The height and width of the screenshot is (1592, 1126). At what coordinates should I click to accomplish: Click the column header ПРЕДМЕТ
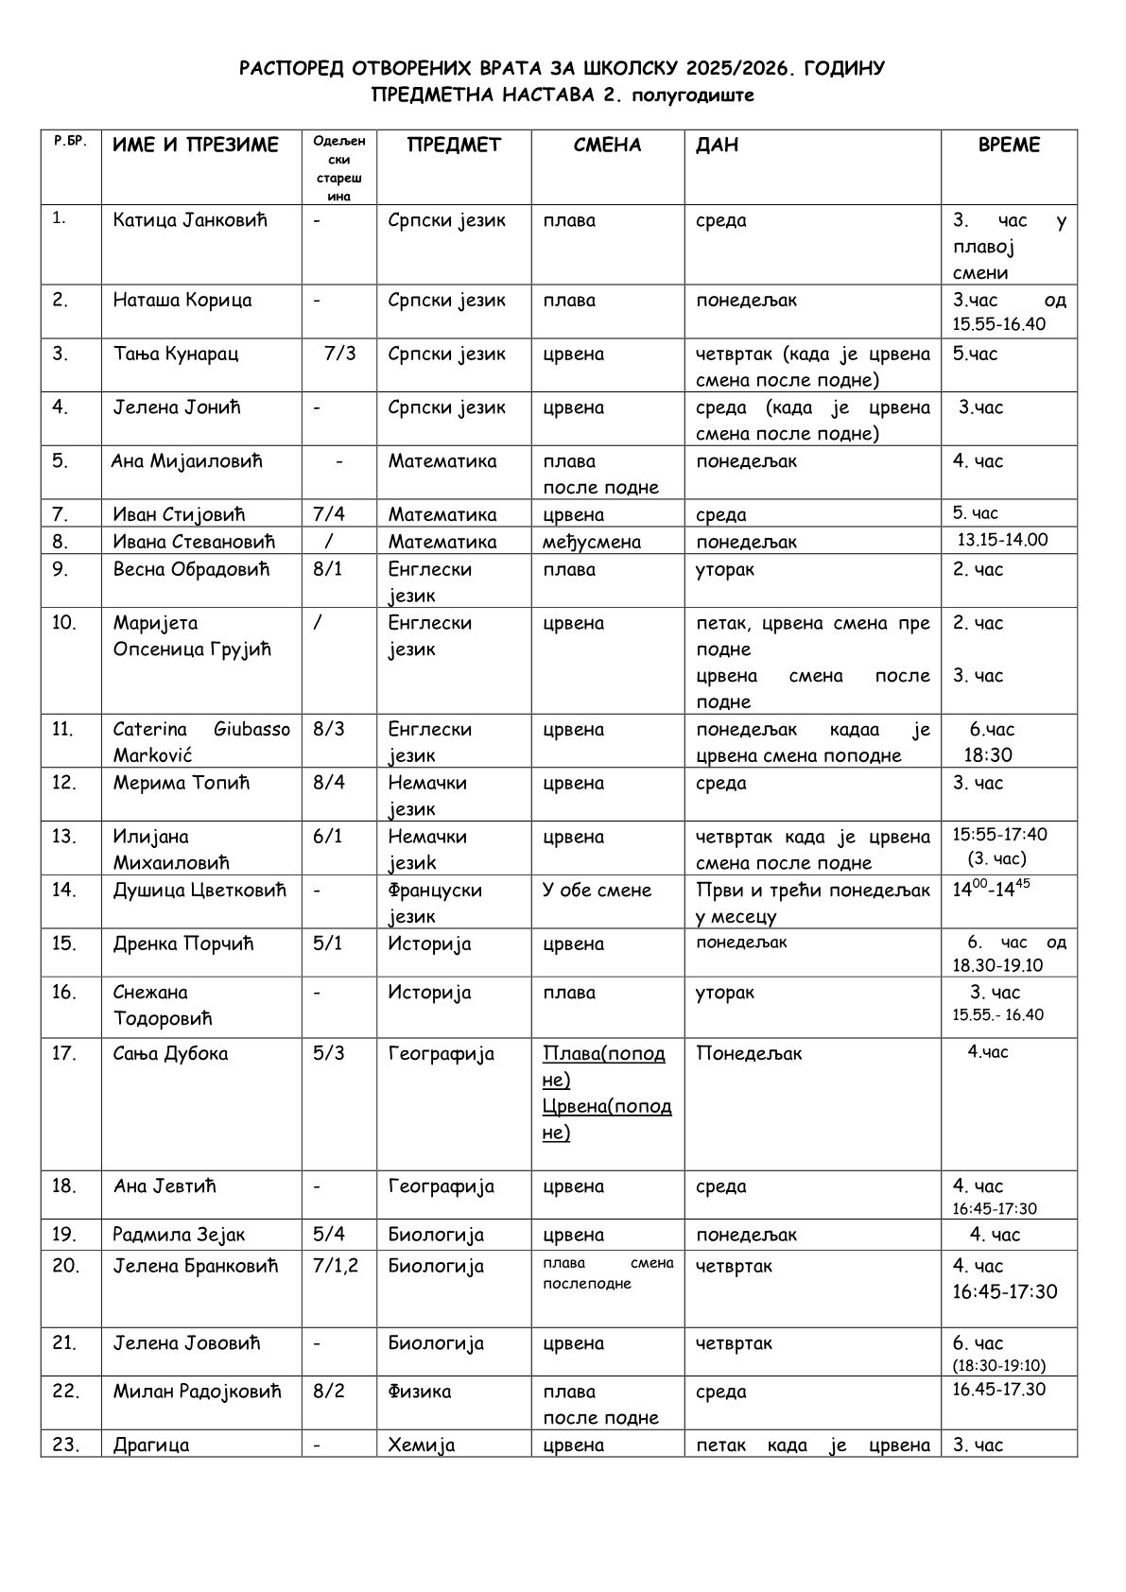(x=454, y=145)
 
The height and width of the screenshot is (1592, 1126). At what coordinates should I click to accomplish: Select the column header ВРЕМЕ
(x=1009, y=145)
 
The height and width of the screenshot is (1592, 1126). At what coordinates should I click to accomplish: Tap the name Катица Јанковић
(x=190, y=220)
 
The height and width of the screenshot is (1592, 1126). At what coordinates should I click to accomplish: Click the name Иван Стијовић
(x=179, y=514)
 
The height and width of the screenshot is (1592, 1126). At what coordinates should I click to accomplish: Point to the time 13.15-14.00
(x=1003, y=540)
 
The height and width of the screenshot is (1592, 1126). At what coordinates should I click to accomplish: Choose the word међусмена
(x=592, y=542)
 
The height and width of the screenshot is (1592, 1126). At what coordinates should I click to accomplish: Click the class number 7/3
(x=339, y=354)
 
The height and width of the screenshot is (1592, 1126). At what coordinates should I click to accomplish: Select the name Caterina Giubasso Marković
(x=200, y=742)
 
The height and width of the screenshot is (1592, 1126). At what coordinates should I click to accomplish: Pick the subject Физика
(x=419, y=1391)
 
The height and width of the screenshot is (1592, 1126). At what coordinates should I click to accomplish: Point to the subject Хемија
(x=421, y=1445)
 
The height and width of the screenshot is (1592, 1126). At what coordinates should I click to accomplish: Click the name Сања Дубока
(x=170, y=1053)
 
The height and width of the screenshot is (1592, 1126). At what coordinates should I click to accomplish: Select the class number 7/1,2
(x=336, y=1266)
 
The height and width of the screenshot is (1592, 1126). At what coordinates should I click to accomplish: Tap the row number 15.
(x=64, y=943)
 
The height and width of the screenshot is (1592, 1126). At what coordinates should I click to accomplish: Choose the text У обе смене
(x=597, y=890)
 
